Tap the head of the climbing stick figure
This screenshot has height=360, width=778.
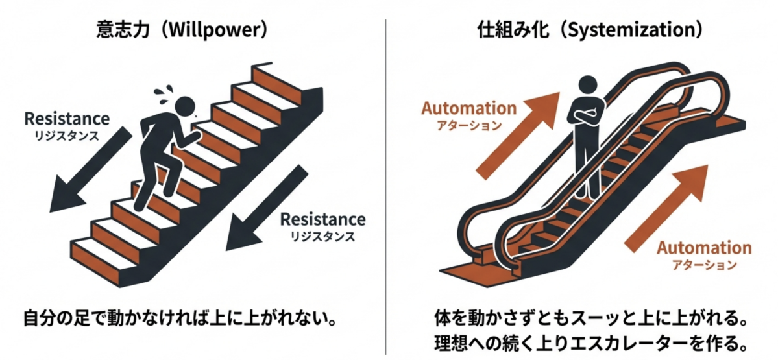[186, 105]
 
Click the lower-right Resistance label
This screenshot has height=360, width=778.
[322, 219]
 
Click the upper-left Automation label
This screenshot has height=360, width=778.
[469, 108]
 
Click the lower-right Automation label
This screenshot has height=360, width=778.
[704, 248]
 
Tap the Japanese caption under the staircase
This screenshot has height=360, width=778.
[181, 320]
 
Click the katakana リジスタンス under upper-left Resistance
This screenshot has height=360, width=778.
[67, 136]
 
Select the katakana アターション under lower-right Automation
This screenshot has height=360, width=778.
[704, 265]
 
